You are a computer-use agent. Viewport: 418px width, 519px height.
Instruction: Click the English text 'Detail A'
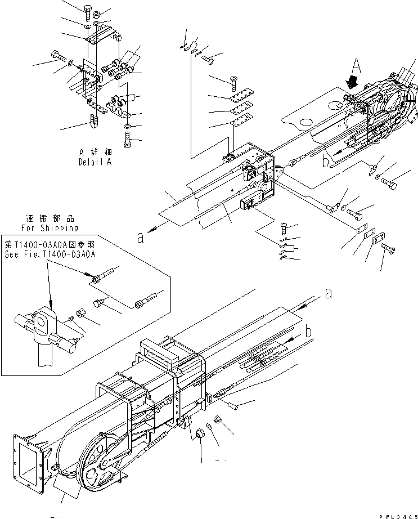click(x=96, y=162)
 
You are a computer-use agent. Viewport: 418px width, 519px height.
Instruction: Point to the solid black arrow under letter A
click(x=353, y=83)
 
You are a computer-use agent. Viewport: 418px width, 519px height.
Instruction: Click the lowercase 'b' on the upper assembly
click(x=325, y=162)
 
